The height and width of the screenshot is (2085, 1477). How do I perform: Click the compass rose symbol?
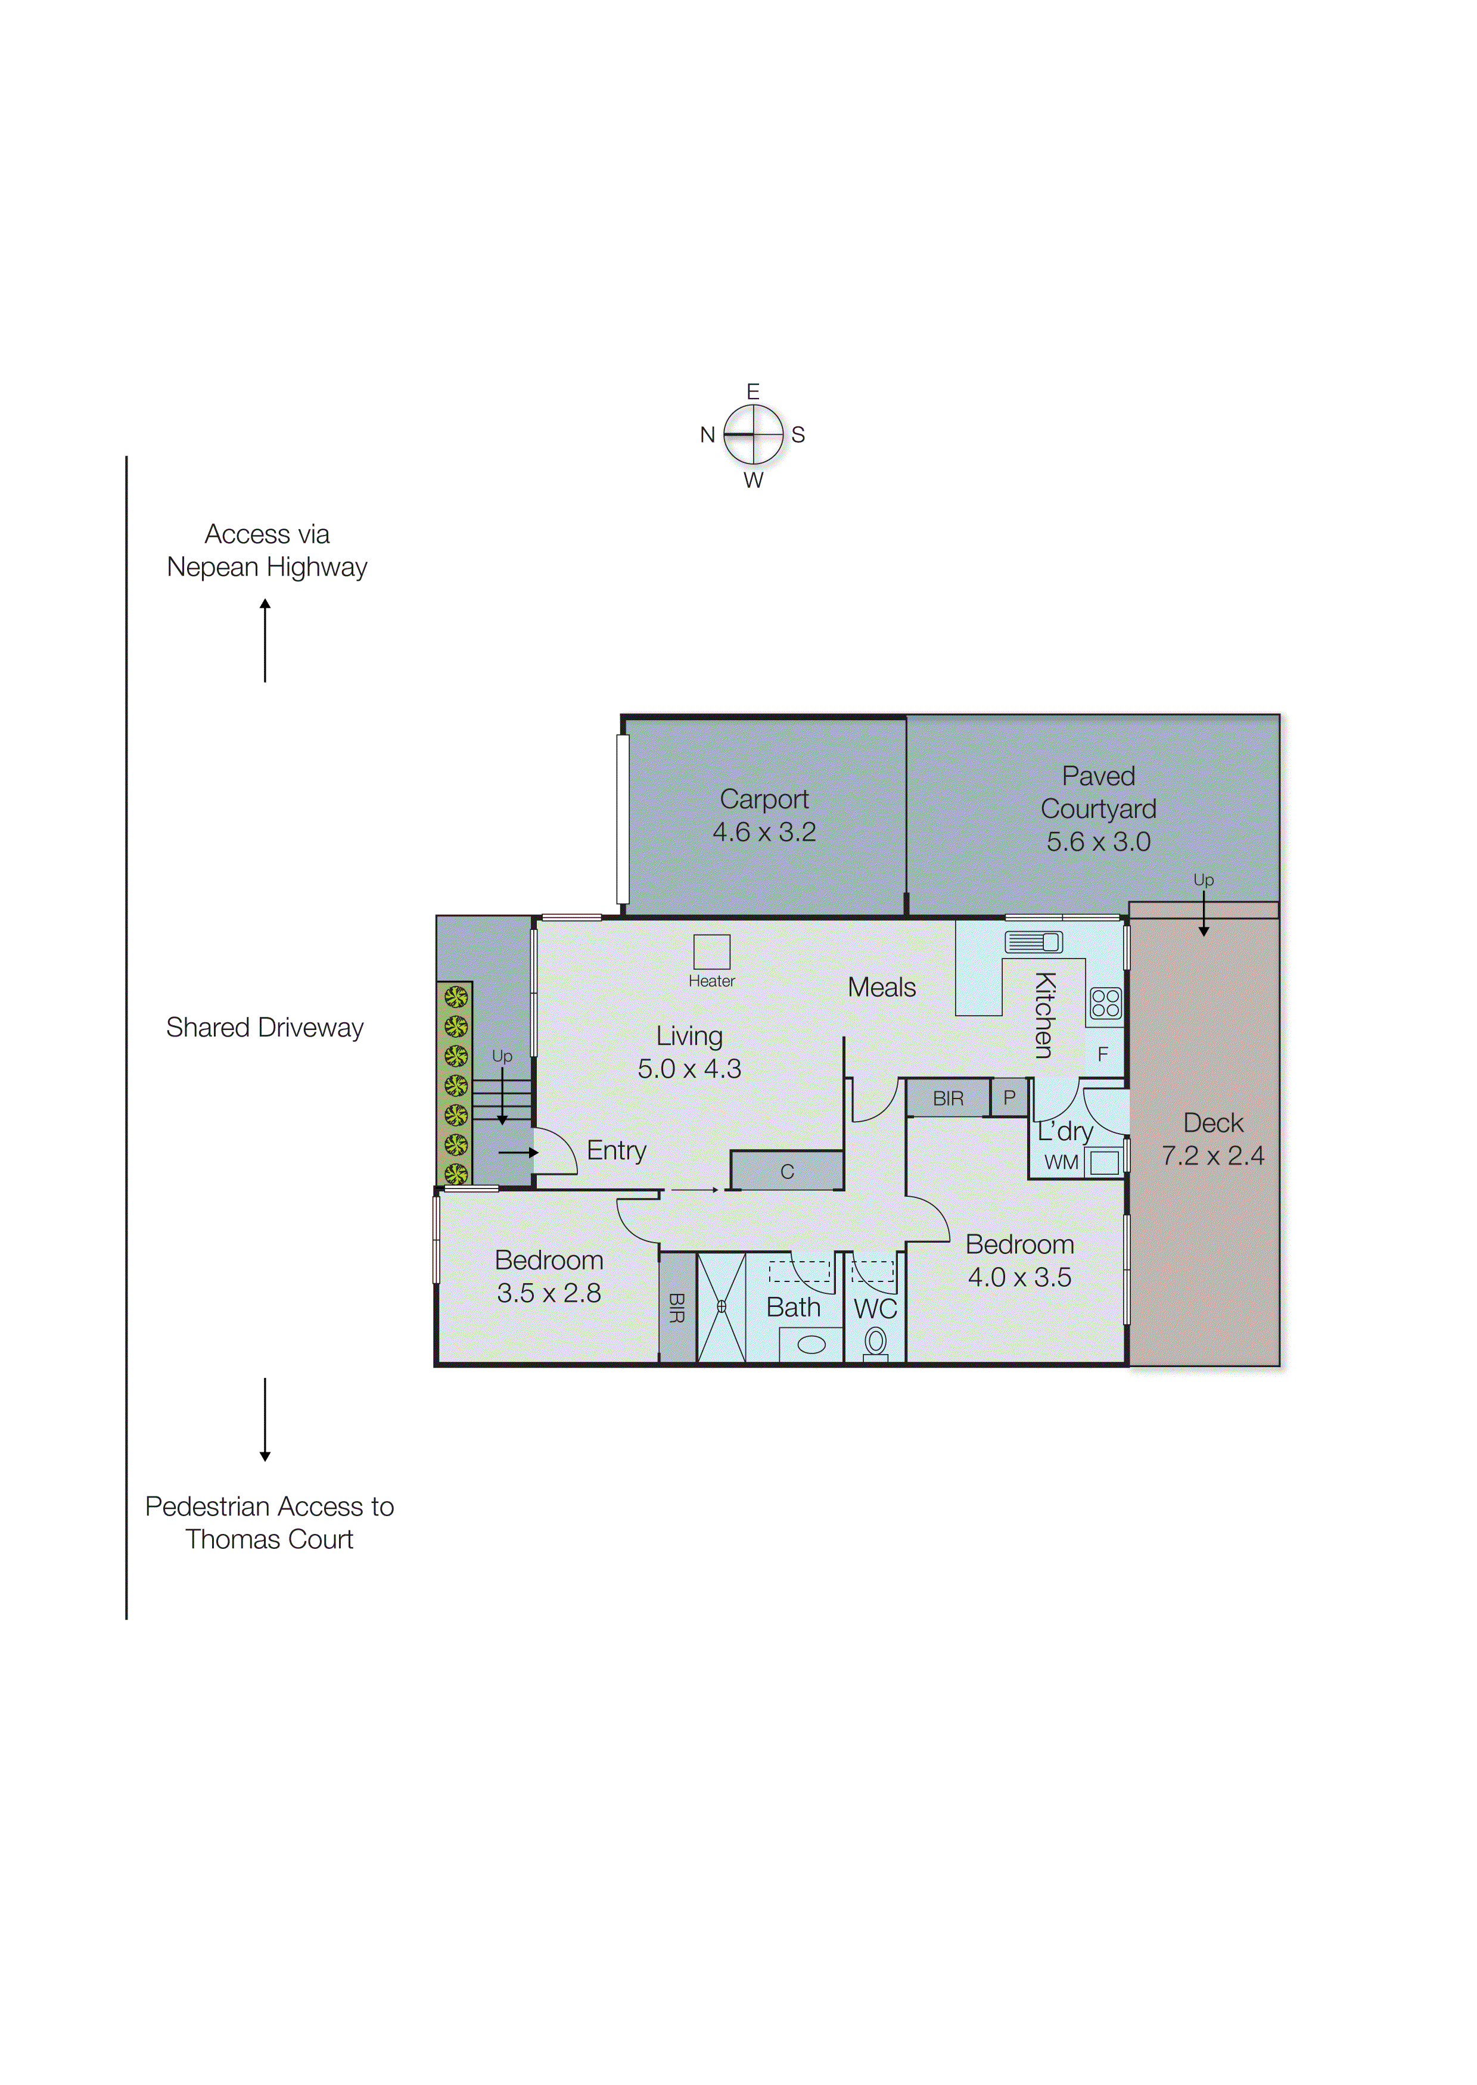(753, 435)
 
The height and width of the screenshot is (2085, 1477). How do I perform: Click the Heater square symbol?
(711, 951)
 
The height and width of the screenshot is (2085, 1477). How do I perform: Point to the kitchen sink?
(1033, 942)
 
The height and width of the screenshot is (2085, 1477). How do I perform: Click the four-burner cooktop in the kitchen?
(1105, 1003)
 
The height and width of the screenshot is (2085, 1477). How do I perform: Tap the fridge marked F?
(1104, 1053)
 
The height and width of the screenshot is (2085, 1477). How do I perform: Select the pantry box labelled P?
(1009, 1097)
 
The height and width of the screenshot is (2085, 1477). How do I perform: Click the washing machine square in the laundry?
(1104, 1162)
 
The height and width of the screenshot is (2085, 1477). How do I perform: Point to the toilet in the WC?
(875, 1343)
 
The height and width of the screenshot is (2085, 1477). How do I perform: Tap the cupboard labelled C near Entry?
(786, 1171)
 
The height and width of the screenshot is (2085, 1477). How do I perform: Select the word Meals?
(881, 988)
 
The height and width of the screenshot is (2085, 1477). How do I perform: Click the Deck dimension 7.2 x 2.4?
(1212, 1155)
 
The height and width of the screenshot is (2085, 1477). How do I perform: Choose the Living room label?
(689, 1037)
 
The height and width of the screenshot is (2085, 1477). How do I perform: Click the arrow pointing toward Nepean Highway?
(266, 640)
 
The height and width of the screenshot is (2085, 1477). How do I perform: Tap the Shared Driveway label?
(265, 1028)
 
